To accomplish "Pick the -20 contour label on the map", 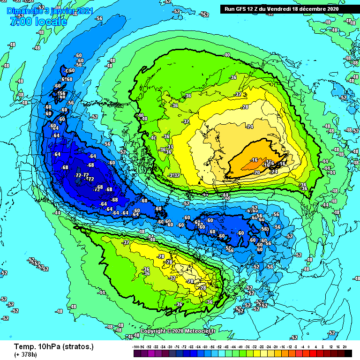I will (256, 172).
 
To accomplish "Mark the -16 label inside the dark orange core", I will (255, 160).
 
